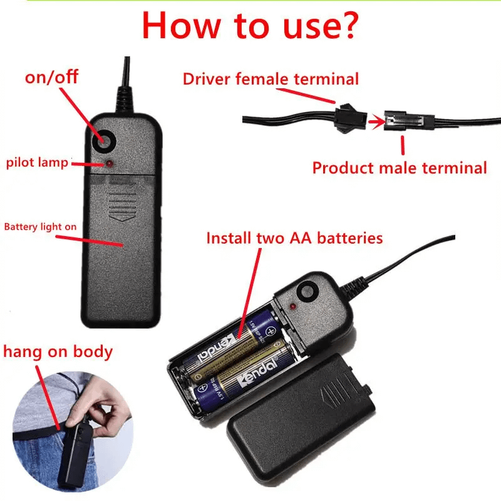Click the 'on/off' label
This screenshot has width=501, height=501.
(x=51, y=77)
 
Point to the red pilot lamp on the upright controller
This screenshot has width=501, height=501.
(x=109, y=163)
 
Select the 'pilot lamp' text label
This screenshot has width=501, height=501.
(x=37, y=162)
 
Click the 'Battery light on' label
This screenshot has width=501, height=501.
(x=40, y=227)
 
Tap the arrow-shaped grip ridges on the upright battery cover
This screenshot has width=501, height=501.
(x=122, y=200)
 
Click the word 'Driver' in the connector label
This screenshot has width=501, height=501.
(x=206, y=79)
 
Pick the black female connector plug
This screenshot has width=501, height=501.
(x=350, y=118)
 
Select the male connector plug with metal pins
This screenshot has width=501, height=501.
(x=409, y=120)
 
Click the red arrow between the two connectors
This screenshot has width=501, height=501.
(x=376, y=121)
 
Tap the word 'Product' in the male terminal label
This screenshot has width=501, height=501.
(x=343, y=168)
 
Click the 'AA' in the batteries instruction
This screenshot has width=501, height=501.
(x=301, y=238)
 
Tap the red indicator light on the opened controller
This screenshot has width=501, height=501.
(x=292, y=306)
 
